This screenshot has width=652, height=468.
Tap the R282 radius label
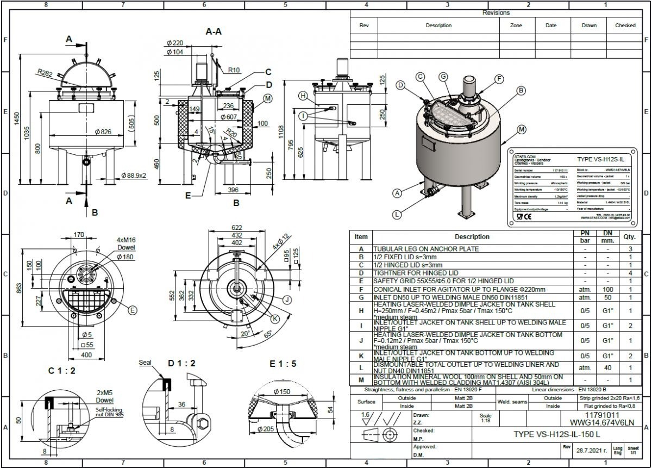(45, 72)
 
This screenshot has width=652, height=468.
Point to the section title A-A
(213, 32)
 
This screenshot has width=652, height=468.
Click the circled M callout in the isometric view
(522, 129)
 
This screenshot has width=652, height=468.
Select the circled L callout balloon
(398, 214)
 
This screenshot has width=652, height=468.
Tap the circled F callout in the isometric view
(499, 79)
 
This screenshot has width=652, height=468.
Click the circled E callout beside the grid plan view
(133, 310)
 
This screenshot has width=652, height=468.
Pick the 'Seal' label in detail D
(146, 362)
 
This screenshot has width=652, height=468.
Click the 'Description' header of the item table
(472, 237)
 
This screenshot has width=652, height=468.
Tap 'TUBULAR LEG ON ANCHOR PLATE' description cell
(426, 249)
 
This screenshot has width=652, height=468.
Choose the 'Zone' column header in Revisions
(516, 26)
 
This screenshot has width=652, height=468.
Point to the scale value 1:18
(486, 421)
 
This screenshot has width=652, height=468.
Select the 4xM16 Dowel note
(127, 243)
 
